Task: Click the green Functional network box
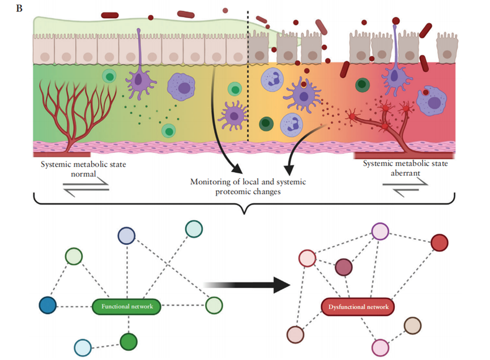(x=127, y=307)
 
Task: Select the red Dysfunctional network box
(x=357, y=307)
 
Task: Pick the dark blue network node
(x=49, y=306)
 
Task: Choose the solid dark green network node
(x=129, y=341)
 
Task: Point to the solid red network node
(x=439, y=243)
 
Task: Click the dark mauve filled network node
(x=343, y=267)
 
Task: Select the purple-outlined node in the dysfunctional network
(x=380, y=231)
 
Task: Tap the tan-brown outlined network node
(x=412, y=325)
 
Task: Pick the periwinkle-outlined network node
(x=126, y=236)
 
